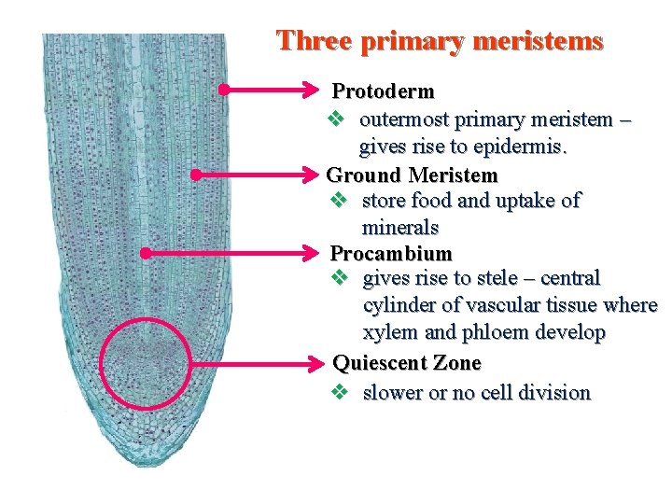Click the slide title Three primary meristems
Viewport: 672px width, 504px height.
tap(440, 42)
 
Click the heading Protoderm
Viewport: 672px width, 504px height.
tap(384, 91)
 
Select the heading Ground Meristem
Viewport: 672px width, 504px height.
tap(412, 175)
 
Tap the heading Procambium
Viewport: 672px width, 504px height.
tap(391, 254)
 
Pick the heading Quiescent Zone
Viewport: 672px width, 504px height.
tap(407, 363)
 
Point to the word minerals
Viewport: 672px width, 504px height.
tap(399, 228)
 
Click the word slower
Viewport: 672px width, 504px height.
tap(392, 393)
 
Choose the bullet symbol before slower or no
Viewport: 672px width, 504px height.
tap(340, 393)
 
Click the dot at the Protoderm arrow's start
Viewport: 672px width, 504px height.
tap(223, 91)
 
